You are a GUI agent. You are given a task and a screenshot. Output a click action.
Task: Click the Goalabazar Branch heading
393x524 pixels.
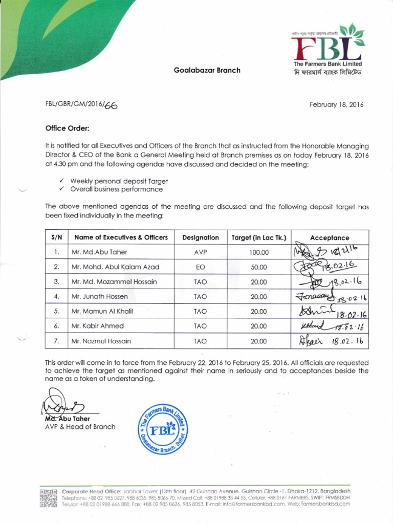pyautogui.click(x=207, y=70)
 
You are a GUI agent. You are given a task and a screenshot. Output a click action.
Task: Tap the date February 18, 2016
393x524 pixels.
pyautogui.click(x=336, y=104)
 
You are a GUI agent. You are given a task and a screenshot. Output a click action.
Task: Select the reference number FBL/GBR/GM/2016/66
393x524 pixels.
pyautogui.click(x=83, y=105)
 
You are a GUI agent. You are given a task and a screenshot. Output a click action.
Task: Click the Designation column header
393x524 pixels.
pyautogui.click(x=200, y=237)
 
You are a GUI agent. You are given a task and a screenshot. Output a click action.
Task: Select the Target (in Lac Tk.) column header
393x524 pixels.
pyautogui.click(x=259, y=237)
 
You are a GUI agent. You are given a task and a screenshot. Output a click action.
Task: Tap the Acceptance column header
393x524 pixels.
pyautogui.click(x=330, y=237)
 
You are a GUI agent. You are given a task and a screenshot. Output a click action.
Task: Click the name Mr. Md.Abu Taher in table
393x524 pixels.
pyautogui.click(x=99, y=252)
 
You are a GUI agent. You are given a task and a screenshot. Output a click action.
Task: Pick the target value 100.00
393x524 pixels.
pyautogui.click(x=259, y=252)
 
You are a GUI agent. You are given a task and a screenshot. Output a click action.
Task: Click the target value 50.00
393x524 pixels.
pyautogui.click(x=259, y=267)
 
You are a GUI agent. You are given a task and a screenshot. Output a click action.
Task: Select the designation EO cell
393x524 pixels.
pyautogui.click(x=200, y=267)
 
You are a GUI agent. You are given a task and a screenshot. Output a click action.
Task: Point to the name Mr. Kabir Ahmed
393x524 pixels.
pyautogui.click(x=97, y=326)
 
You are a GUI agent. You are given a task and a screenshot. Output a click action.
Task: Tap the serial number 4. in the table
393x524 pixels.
pyautogui.click(x=57, y=297)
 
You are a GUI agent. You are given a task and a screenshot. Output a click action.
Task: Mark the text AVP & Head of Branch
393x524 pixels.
pyautogui.click(x=80, y=427)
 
